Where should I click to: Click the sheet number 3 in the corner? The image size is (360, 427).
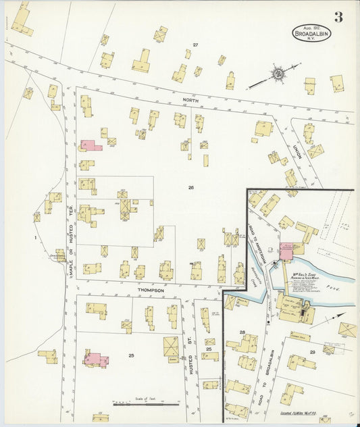[337, 17]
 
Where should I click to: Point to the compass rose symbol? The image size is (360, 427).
[277, 72]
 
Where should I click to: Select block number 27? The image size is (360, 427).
[195, 45]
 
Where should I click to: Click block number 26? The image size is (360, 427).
[190, 187]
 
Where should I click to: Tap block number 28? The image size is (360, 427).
[242, 332]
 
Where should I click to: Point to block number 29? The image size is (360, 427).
[312, 353]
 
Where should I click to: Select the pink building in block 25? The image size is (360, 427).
[95, 359]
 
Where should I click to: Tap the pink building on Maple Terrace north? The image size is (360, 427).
[90, 145]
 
